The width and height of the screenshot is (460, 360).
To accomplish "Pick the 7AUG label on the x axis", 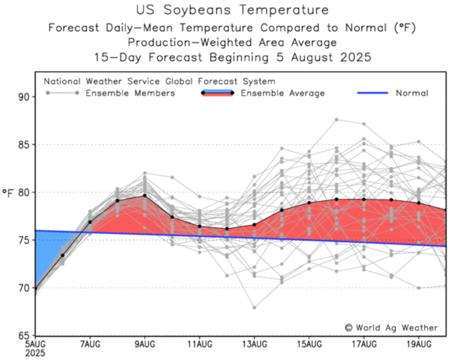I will pos(89,345).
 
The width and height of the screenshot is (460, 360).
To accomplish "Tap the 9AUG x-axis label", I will pos(144,345).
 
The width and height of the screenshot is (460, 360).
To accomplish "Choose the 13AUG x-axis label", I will pos(254,345).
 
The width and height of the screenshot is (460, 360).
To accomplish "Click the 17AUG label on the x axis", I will pos(364,345).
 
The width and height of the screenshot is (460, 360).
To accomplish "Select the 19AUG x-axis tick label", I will pos(418,345).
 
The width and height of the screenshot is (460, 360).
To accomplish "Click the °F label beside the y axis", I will pos(9,192).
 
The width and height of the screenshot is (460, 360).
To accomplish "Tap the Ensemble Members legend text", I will pos(130,93).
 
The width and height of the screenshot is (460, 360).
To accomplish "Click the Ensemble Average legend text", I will pos(282,93).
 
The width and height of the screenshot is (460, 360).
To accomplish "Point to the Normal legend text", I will pos(412,93).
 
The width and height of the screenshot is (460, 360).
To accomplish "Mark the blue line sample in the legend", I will pos(372,93).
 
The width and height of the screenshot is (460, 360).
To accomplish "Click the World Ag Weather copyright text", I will pos(391,327).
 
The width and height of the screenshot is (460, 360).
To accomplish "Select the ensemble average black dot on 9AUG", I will pos(144,195).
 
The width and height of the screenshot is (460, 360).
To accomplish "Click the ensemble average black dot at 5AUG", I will pos(35,288).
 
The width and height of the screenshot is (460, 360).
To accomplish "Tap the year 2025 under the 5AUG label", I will pos(35,353).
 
